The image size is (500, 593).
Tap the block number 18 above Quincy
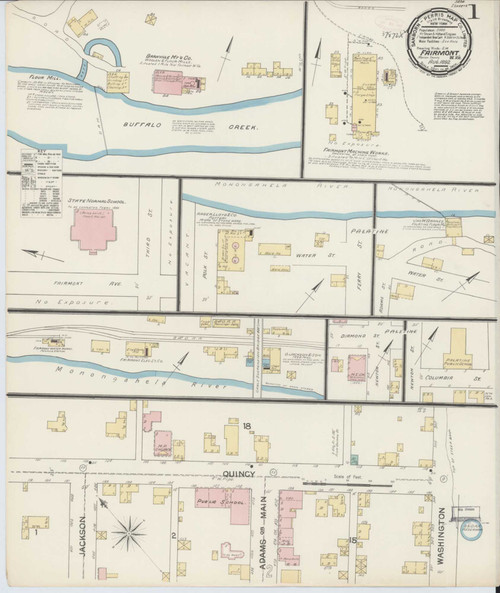246,427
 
